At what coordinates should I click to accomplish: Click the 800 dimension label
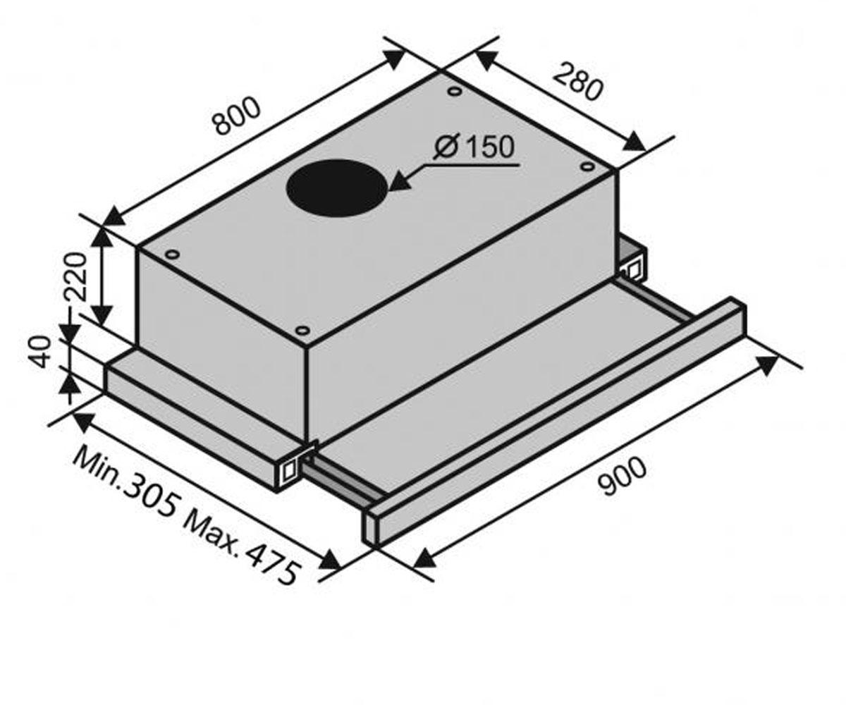(238, 116)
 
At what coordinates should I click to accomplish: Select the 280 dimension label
(578, 86)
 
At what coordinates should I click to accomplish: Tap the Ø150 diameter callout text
(473, 147)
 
